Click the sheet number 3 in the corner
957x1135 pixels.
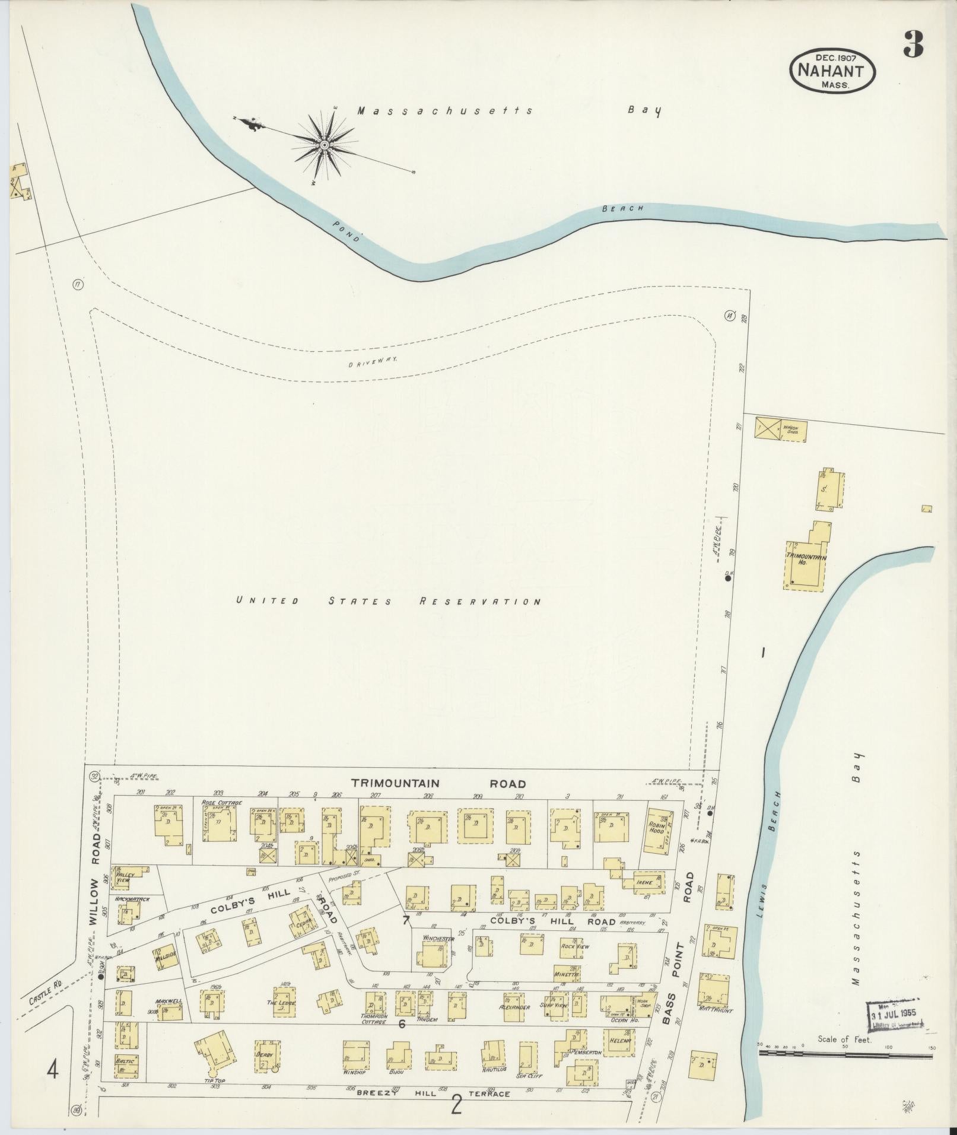[914, 44]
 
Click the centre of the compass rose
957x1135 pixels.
[325, 145]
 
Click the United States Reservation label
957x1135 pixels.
[388, 601]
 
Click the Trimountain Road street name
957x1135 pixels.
[438, 783]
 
